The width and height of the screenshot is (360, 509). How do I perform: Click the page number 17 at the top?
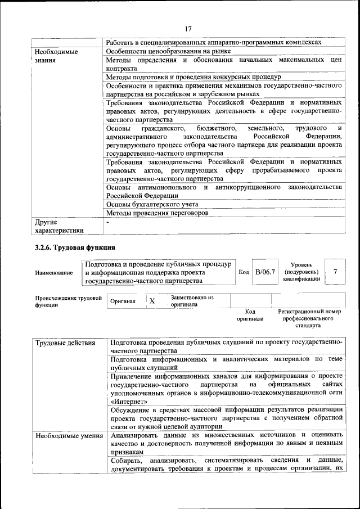188,29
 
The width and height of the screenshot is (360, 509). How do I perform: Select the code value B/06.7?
264,272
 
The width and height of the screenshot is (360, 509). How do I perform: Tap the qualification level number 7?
335,272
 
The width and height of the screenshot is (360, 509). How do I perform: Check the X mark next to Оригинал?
152,301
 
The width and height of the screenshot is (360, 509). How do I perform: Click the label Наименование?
53,273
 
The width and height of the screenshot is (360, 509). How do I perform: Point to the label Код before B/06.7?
244,272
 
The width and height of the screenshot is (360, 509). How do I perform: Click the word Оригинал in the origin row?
123,301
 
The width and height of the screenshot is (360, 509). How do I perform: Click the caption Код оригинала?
250,315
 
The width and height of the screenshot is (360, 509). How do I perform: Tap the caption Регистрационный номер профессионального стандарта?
309,318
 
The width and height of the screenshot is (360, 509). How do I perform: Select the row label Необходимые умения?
66,435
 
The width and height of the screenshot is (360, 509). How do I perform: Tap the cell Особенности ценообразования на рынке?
158,51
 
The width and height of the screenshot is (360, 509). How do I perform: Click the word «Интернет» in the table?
130,402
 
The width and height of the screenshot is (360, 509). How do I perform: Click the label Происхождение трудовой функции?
67,301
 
